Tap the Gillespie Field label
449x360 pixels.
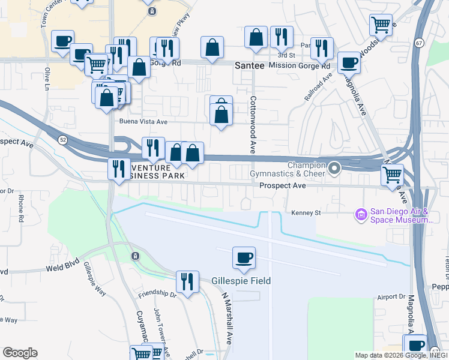tap(241, 281)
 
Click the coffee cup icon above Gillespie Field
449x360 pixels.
tap(244, 258)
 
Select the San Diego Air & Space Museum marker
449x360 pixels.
tap(361, 214)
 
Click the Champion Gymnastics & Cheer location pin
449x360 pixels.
tap(335, 168)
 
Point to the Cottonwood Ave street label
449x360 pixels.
tap(253, 124)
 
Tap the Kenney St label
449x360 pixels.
tap(307, 212)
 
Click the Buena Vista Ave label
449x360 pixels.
tap(143, 121)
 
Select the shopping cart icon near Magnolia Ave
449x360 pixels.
tap(392, 175)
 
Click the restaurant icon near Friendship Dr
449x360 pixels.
tap(187, 281)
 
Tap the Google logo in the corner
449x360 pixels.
tap(20, 353)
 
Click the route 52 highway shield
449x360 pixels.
tap(62, 139)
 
